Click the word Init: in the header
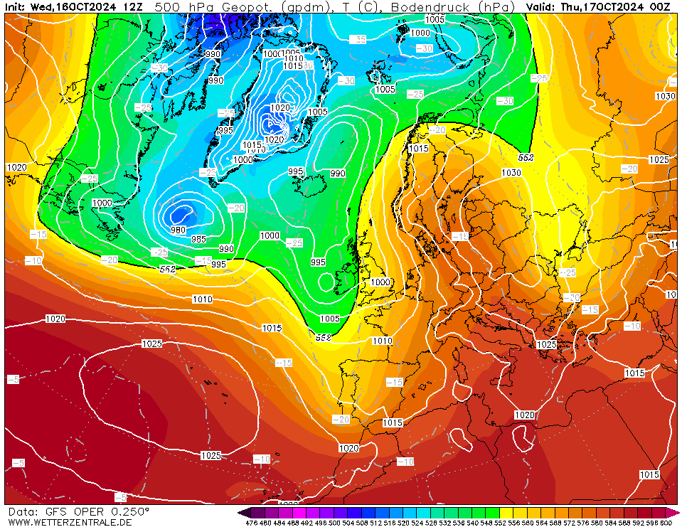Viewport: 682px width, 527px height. pos(17,6)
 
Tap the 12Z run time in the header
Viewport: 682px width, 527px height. pos(132,6)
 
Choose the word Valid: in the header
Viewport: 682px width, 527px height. pos(542,6)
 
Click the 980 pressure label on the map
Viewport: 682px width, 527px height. pos(178,229)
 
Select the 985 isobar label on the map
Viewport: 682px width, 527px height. pos(199,239)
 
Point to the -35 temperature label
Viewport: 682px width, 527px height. pos(359,39)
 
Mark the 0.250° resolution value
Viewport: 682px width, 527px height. pos(129,511)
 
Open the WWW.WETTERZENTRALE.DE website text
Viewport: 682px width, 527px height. pos(70,522)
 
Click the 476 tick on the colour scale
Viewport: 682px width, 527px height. pos(250,523)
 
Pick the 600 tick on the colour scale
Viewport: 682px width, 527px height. pos(666,523)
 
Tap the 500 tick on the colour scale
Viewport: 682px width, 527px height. pos(334,523)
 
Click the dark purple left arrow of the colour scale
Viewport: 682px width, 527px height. pos(244,512)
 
